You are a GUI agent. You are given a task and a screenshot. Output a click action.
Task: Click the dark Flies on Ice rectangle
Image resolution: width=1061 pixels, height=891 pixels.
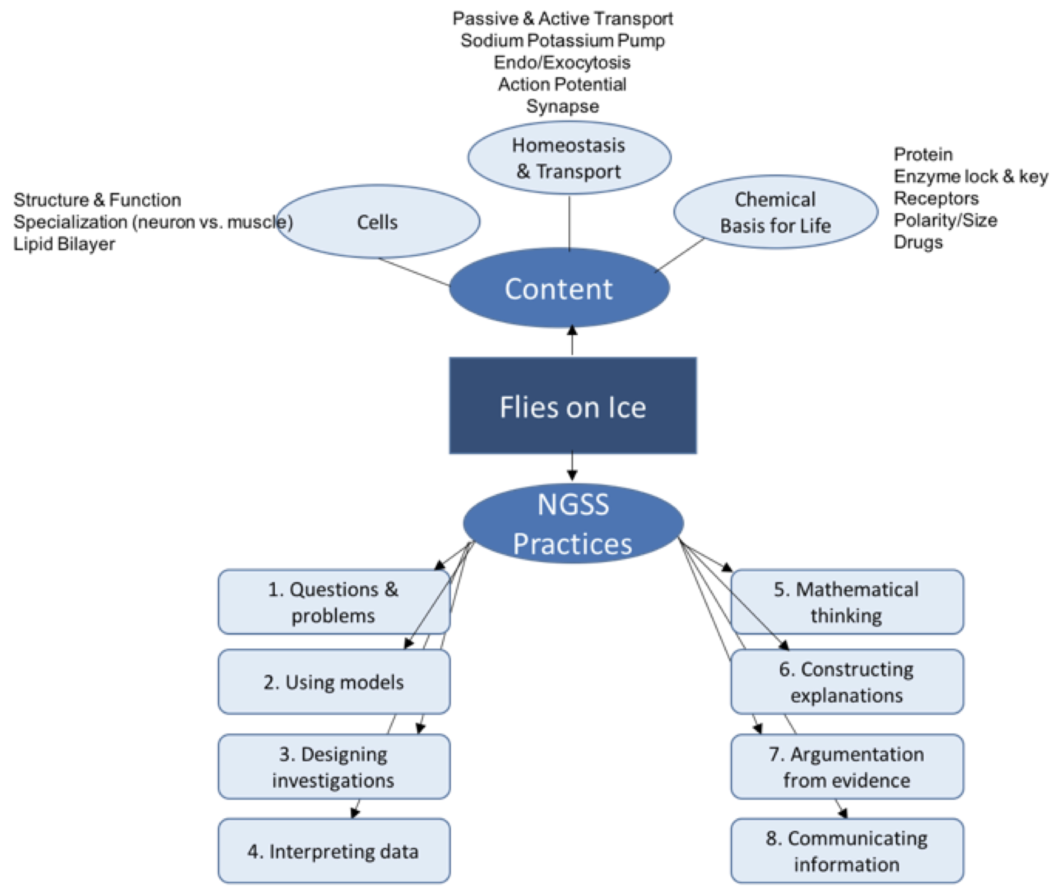(572, 405)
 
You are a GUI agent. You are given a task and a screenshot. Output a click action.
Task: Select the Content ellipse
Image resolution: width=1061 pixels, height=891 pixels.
(559, 288)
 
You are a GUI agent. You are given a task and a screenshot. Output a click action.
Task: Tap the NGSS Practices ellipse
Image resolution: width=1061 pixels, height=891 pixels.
(572, 524)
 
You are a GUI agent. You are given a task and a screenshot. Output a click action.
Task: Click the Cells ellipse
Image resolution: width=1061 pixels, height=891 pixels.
(377, 222)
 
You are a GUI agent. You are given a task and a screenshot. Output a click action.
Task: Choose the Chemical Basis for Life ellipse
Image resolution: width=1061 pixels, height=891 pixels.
(775, 212)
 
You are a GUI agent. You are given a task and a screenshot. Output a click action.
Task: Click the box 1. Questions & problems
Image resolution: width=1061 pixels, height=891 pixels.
(333, 602)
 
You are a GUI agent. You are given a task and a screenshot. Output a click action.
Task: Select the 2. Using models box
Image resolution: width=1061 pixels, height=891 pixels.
(333, 682)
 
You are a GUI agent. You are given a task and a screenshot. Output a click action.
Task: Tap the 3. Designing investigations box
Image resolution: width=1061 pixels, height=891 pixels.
(333, 767)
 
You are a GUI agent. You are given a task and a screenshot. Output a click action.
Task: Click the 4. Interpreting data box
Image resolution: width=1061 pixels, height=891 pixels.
(333, 852)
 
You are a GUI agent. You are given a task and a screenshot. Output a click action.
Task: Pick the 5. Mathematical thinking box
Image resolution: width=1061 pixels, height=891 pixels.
(847, 602)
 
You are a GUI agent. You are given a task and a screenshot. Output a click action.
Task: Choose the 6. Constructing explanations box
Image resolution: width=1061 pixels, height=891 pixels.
(847, 682)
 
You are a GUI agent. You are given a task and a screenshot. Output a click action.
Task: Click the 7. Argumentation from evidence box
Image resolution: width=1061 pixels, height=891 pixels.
(847, 767)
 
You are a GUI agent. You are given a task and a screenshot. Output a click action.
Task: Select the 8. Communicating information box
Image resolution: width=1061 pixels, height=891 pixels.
(847, 852)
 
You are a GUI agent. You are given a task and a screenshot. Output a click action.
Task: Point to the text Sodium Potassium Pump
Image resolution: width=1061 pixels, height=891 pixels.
(562, 40)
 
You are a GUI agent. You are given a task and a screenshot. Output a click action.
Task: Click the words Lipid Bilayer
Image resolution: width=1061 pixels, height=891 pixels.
(64, 244)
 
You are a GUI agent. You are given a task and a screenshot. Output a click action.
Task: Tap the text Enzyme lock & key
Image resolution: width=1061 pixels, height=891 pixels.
(971, 176)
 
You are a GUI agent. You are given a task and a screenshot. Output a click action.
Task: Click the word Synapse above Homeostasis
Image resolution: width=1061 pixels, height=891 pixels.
(562, 106)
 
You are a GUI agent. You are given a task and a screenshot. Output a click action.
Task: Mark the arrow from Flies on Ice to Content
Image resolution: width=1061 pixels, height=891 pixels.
(572, 341)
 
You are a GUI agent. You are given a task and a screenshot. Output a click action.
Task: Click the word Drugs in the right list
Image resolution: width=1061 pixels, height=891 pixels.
(918, 242)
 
